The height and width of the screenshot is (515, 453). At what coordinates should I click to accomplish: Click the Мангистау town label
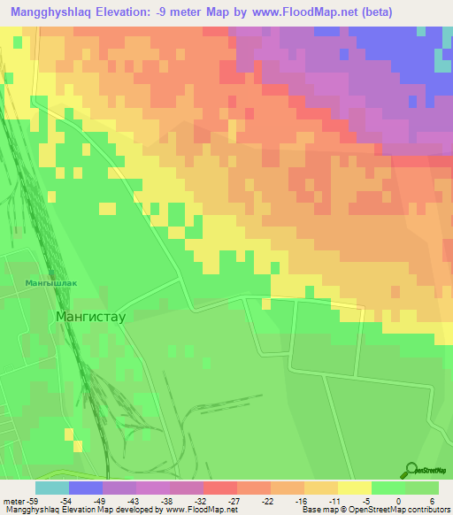93,315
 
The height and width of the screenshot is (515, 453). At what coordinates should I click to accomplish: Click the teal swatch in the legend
52,488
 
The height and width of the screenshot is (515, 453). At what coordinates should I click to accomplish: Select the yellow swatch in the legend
355,488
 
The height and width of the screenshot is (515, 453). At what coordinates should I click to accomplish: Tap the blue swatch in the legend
86,488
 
